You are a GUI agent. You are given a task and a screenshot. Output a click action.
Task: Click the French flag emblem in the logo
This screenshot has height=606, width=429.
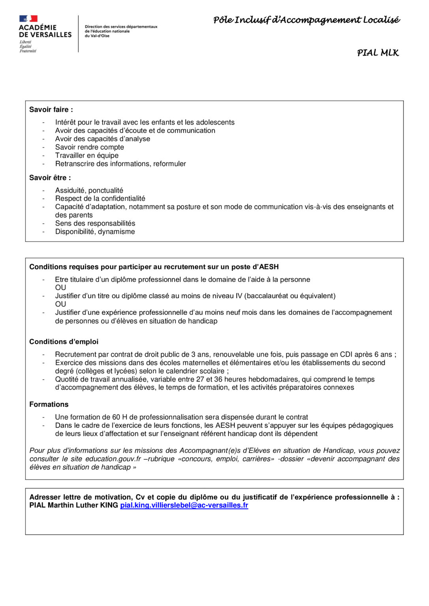click(28, 19)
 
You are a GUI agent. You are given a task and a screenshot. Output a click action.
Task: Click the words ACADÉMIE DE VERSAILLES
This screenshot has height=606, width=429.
click(45, 31)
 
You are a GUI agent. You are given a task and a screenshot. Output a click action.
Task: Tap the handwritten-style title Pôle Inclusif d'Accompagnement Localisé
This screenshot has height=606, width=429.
click(306, 20)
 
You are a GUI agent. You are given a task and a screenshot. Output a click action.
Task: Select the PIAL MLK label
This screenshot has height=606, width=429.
click(378, 53)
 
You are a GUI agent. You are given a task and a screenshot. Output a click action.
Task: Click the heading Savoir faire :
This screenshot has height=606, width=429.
click(51, 110)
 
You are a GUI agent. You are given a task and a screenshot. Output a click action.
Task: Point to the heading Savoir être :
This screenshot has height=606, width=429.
click(50, 178)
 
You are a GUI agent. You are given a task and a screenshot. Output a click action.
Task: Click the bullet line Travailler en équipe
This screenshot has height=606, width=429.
click(87, 155)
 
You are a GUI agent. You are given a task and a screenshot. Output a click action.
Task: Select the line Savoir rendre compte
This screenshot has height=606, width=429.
click(89, 147)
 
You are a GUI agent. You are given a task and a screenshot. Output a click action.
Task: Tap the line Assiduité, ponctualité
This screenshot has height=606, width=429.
click(89, 190)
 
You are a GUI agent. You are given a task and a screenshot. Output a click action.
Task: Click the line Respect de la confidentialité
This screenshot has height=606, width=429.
click(100, 198)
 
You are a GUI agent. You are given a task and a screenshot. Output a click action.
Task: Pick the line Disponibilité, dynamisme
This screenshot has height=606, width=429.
click(95, 232)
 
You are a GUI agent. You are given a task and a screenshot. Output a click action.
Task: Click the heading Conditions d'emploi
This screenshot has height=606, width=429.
click(64, 342)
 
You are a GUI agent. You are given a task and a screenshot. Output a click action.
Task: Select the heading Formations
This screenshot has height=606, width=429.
click(49, 404)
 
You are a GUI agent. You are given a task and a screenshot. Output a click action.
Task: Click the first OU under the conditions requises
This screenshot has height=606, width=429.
click(60, 288)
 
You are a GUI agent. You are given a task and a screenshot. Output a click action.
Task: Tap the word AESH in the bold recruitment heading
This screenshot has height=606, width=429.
click(269, 267)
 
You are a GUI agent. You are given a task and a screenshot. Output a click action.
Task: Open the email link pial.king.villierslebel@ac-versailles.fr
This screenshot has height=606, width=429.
click(184, 505)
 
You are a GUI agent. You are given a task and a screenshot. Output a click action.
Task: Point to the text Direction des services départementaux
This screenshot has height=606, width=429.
click(121, 27)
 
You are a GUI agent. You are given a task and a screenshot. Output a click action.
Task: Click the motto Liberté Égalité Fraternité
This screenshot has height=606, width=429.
click(28, 47)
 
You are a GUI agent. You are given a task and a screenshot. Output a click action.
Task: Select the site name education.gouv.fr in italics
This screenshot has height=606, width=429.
click(113, 459)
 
